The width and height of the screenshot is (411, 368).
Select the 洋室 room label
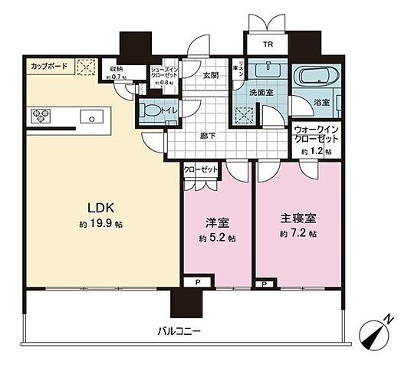click(x=216, y=223)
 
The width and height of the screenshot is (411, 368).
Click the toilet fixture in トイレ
click(x=151, y=110)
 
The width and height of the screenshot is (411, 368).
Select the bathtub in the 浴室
click(x=318, y=77)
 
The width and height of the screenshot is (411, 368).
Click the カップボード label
click(x=48, y=67)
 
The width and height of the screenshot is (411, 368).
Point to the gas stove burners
click(x=41, y=117)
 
